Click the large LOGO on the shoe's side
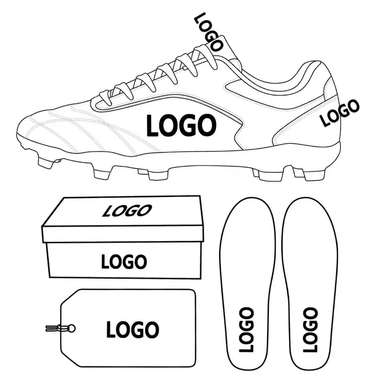[181, 125]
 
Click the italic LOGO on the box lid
[127, 210]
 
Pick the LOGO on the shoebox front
[124, 261]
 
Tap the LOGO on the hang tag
[132, 330]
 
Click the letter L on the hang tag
[111, 330]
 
